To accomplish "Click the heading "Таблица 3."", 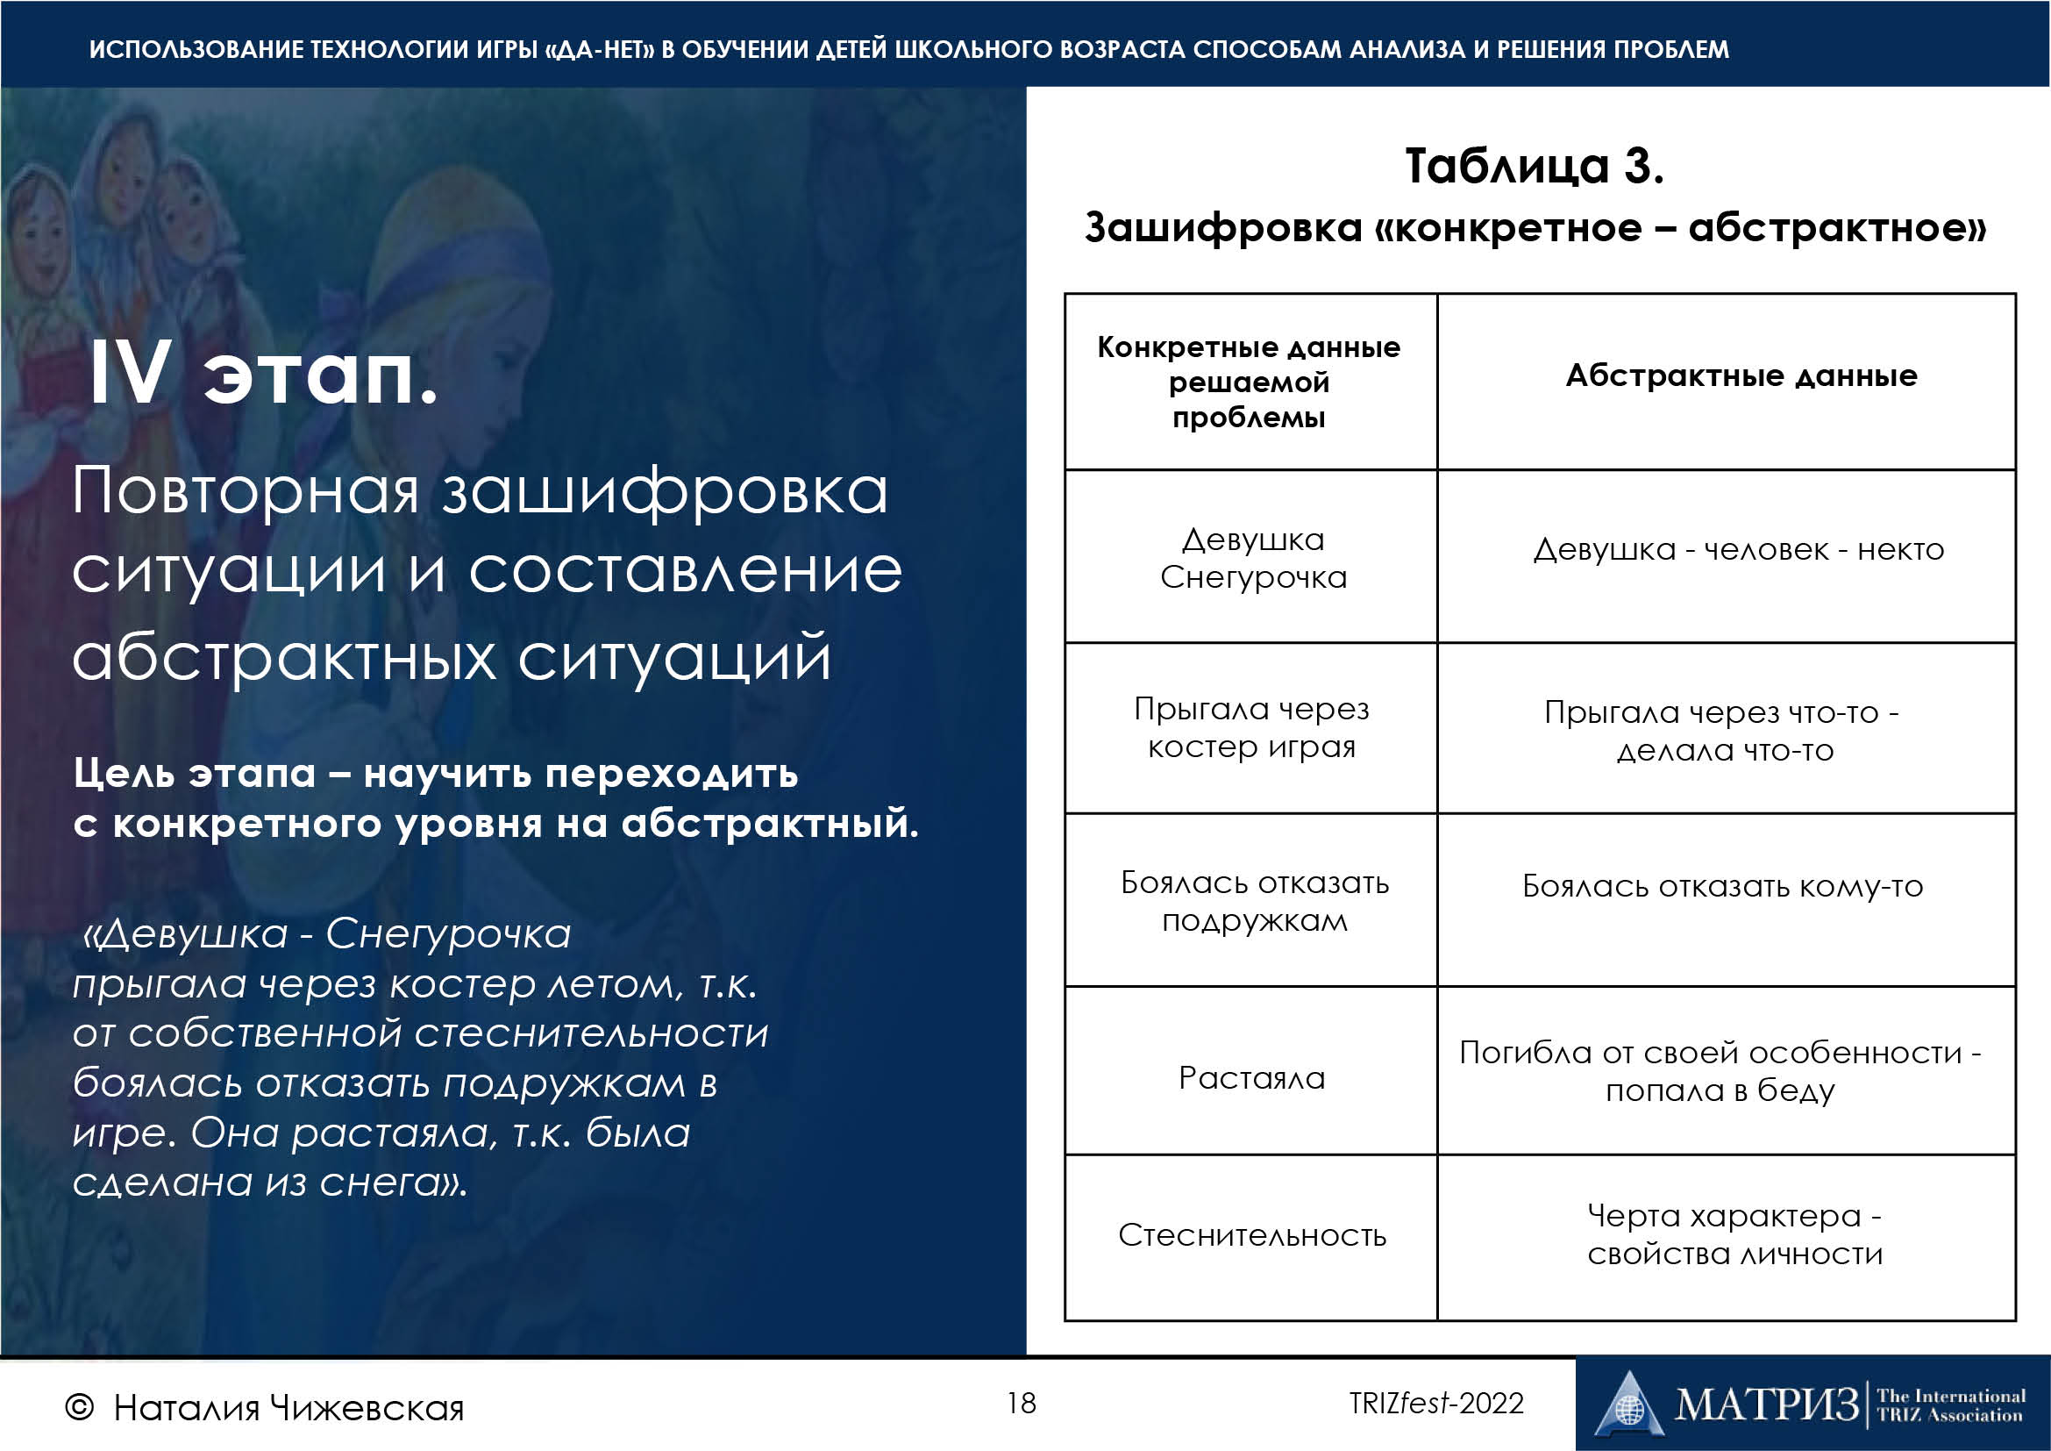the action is click(1534, 166).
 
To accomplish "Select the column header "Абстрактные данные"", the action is click(1741, 375).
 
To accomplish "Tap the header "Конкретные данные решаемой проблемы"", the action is click(1249, 382).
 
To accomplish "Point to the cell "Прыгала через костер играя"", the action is click(1251, 727).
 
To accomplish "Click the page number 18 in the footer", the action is click(1021, 1403).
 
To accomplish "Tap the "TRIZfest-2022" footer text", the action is click(1436, 1403).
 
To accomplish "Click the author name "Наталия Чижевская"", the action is click(288, 1408).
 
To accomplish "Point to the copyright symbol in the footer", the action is click(79, 1408).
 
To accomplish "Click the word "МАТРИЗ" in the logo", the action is click(1766, 1404).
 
